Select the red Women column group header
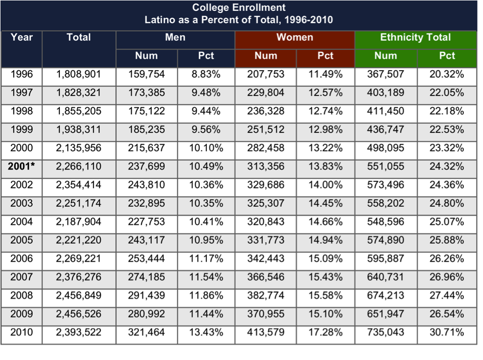click(x=295, y=37)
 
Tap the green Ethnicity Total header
click(x=415, y=37)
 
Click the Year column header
click(x=22, y=37)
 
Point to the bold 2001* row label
click(x=21, y=166)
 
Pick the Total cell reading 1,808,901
click(x=79, y=74)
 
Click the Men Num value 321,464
click(x=146, y=332)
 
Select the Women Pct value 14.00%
click(x=325, y=184)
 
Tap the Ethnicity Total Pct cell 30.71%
click(x=447, y=332)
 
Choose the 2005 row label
click(x=22, y=240)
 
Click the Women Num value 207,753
click(x=266, y=74)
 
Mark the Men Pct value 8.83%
click(x=206, y=74)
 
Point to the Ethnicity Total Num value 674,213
click(x=386, y=295)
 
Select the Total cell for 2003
click(x=79, y=203)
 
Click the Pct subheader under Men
click(x=206, y=56)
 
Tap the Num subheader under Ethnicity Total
click(x=386, y=56)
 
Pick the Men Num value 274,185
click(x=146, y=277)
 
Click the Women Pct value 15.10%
click(x=325, y=314)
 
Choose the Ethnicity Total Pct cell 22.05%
click(x=447, y=92)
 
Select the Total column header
click(x=79, y=37)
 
